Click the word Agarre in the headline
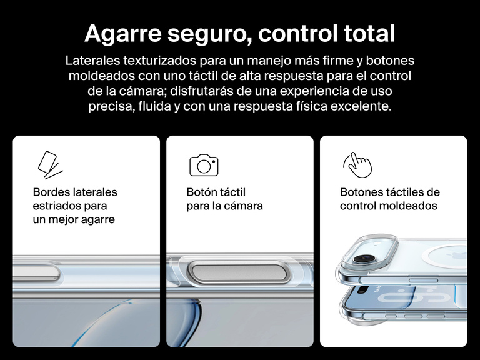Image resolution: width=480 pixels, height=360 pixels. pyautogui.click(x=122, y=34)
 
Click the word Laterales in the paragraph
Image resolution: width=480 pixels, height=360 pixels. pyautogui.click(x=92, y=61)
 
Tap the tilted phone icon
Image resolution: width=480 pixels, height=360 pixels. pyautogui.click(x=50, y=164)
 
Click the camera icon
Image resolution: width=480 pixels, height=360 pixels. pyautogui.click(x=204, y=165)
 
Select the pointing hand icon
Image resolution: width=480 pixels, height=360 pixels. pyautogui.click(x=357, y=165)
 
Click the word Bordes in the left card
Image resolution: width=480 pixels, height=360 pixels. pyautogui.click(x=51, y=192)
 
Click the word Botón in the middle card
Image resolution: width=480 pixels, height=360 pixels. pyautogui.click(x=201, y=192)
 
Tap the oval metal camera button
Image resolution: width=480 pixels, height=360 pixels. pyautogui.click(x=237, y=272)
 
